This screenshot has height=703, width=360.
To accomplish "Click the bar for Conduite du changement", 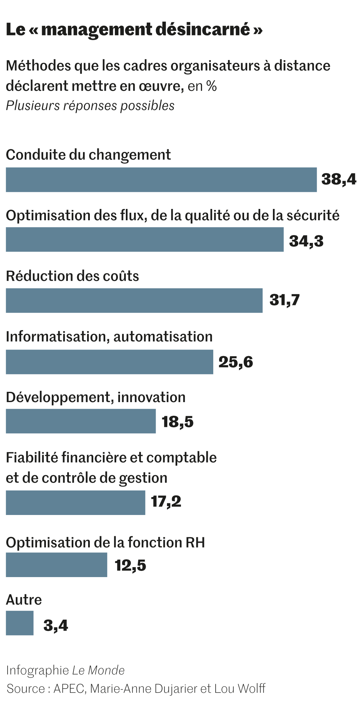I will click(x=161, y=180).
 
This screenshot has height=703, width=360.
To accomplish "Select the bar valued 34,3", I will click(x=145, y=239).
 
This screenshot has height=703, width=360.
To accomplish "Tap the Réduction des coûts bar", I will click(x=134, y=301).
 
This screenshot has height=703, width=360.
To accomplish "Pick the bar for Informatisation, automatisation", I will click(x=109, y=362).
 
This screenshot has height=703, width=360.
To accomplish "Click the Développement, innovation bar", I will click(x=81, y=421).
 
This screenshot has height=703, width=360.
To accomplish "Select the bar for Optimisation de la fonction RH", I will click(x=56, y=565).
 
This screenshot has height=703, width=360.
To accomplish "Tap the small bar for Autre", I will click(x=20, y=623).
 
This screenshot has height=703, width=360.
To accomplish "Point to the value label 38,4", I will click(x=339, y=179).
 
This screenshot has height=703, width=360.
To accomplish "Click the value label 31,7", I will click(x=285, y=300).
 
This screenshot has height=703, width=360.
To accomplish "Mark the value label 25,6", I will click(x=236, y=362).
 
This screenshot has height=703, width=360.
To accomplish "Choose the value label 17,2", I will click(x=166, y=502).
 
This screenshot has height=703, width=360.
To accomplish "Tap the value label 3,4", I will click(x=56, y=625).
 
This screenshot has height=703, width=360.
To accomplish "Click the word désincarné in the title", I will click(x=203, y=30).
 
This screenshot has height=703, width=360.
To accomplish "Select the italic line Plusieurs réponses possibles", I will click(x=90, y=106).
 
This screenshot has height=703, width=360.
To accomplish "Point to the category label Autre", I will click(x=24, y=600).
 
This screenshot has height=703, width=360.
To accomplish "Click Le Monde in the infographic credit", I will click(x=98, y=670).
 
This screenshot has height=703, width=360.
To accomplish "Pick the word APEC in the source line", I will click(x=69, y=688).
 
